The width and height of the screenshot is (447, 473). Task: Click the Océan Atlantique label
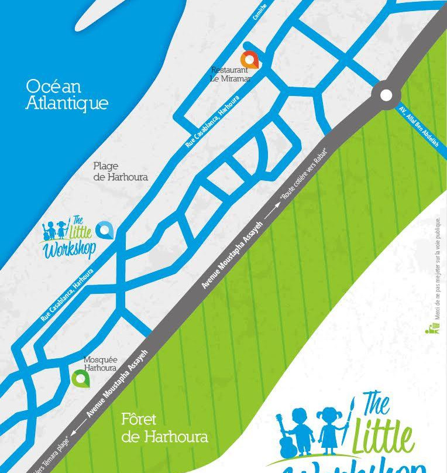click(67, 94)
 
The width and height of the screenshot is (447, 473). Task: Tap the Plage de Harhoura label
click(121, 171)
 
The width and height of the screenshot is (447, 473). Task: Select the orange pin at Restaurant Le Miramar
click(250, 60)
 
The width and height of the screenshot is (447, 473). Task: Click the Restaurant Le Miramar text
click(232, 74)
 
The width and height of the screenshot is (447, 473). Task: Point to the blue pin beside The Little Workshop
click(104, 230)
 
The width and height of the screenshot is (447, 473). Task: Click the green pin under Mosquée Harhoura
click(80, 378)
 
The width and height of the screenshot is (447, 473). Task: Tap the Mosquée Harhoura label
click(101, 364)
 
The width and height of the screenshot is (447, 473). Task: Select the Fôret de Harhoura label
click(164, 428)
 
